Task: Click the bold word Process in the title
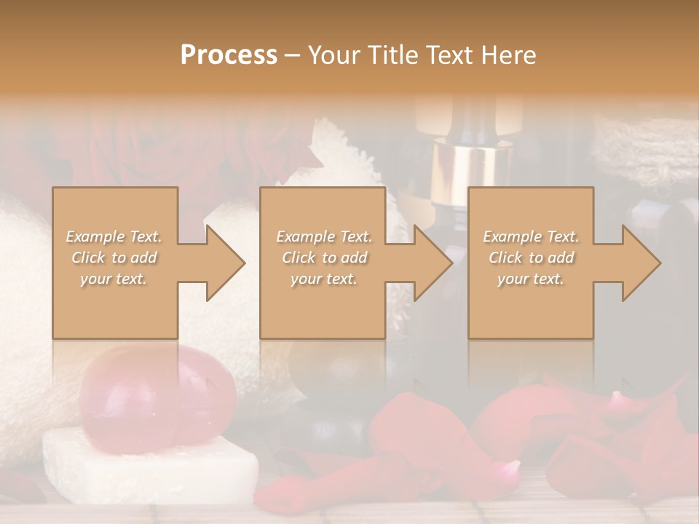coord(229,55)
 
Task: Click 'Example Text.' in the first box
coord(114,237)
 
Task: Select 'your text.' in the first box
coord(114,279)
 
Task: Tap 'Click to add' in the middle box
coord(324,258)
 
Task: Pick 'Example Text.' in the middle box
coord(324,237)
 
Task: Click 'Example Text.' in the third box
coord(531,237)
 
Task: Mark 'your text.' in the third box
coord(531,279)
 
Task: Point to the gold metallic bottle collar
coord(465,171)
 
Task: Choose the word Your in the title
coord(333,55)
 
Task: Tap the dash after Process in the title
coord(293,55)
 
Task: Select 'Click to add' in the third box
coord(531,258)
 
